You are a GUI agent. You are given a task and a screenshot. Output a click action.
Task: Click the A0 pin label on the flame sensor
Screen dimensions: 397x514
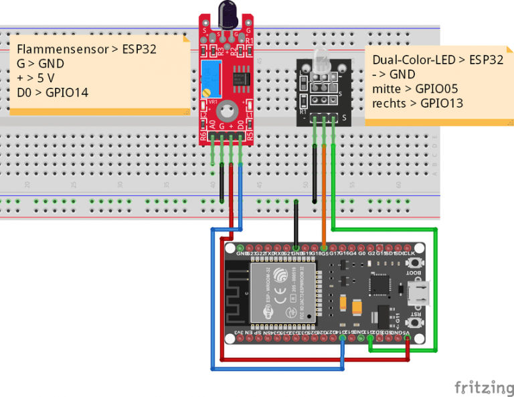tap(212, 125)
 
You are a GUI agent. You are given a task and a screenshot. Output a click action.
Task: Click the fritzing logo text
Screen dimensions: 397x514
tap(480, 387)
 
